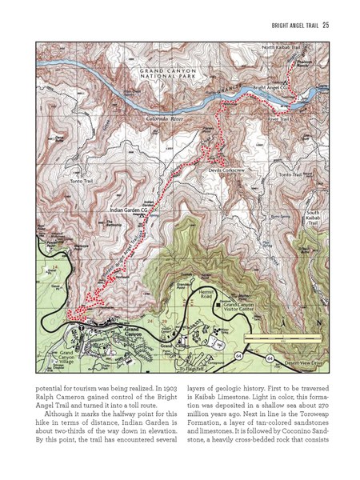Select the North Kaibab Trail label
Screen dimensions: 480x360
pyautogui.click(x=281, y=49)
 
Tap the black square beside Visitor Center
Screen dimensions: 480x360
pyautogui.click(x=218, y=305)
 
